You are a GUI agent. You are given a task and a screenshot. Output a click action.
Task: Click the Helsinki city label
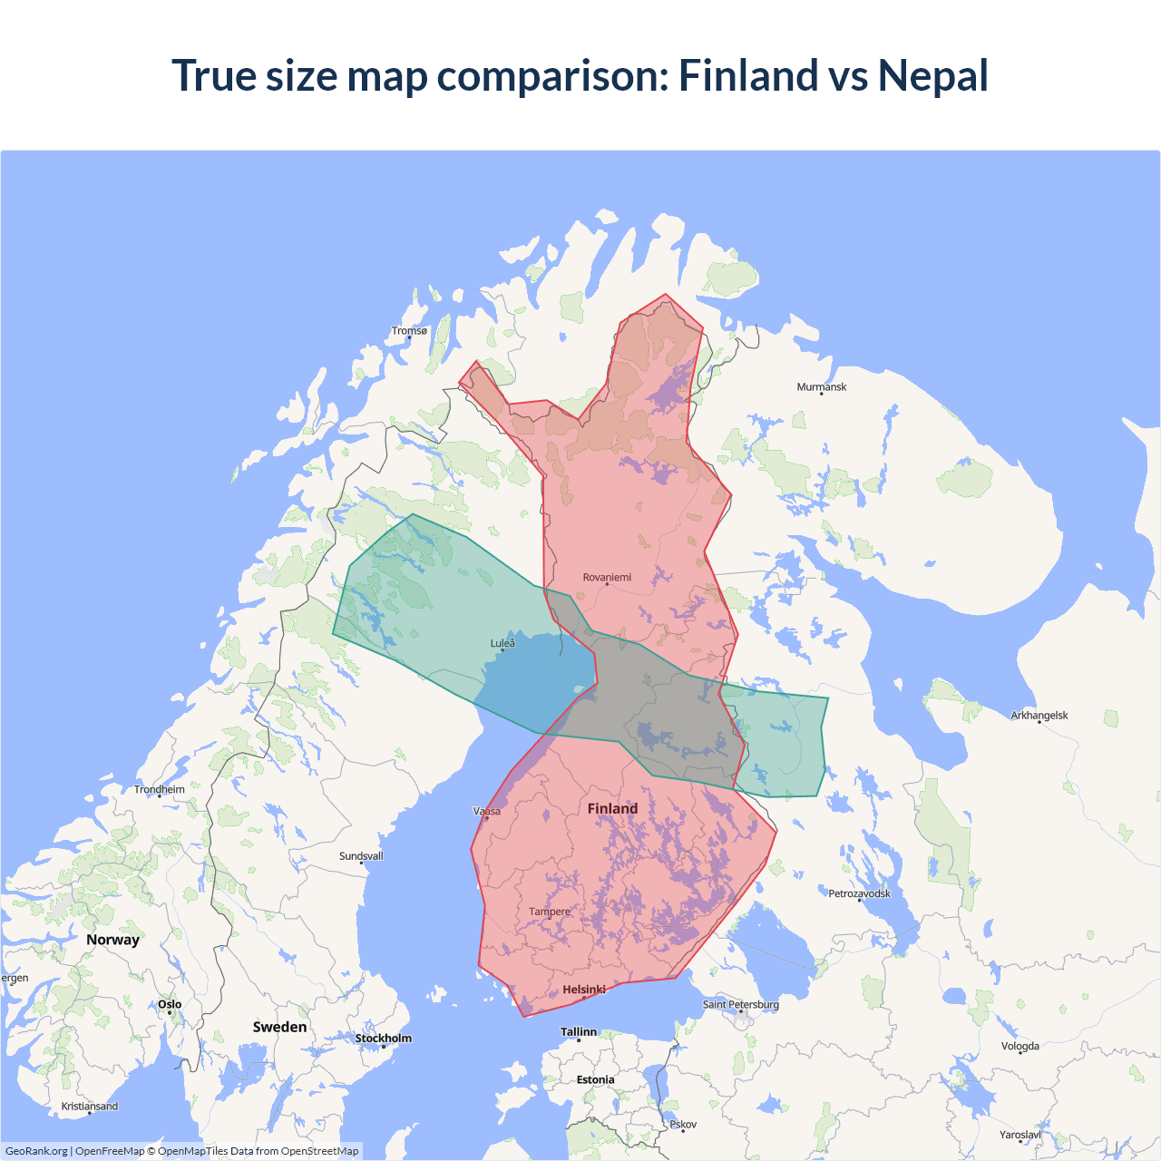583,990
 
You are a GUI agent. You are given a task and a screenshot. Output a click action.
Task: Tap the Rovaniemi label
607,577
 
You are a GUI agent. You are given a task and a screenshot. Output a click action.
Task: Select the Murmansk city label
821,387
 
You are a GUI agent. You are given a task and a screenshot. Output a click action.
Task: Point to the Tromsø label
409,331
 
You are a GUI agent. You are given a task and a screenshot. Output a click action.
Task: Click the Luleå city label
502,643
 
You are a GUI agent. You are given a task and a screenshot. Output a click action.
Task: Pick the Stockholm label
383,1039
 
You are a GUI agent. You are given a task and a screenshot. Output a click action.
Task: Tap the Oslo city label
170,1004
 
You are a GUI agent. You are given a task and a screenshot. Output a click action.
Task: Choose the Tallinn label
579,1032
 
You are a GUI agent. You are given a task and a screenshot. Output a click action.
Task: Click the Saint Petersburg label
740,1004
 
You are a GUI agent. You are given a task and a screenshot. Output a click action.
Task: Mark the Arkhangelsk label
1039,716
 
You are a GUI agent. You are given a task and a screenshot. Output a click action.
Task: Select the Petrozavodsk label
859,893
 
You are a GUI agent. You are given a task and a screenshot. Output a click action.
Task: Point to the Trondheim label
160,789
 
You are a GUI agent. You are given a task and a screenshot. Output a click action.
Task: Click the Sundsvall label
361,856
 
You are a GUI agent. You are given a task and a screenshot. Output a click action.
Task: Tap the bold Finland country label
612,808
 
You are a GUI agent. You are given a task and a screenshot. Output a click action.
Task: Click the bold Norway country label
112,940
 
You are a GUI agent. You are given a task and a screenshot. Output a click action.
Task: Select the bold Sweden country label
279,1027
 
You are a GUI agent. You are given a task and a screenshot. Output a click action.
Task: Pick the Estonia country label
595,1079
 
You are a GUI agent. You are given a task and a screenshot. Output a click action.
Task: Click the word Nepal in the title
932,75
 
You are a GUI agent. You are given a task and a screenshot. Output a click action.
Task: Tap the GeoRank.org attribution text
36,1151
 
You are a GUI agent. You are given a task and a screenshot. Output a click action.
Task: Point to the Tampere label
550,912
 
